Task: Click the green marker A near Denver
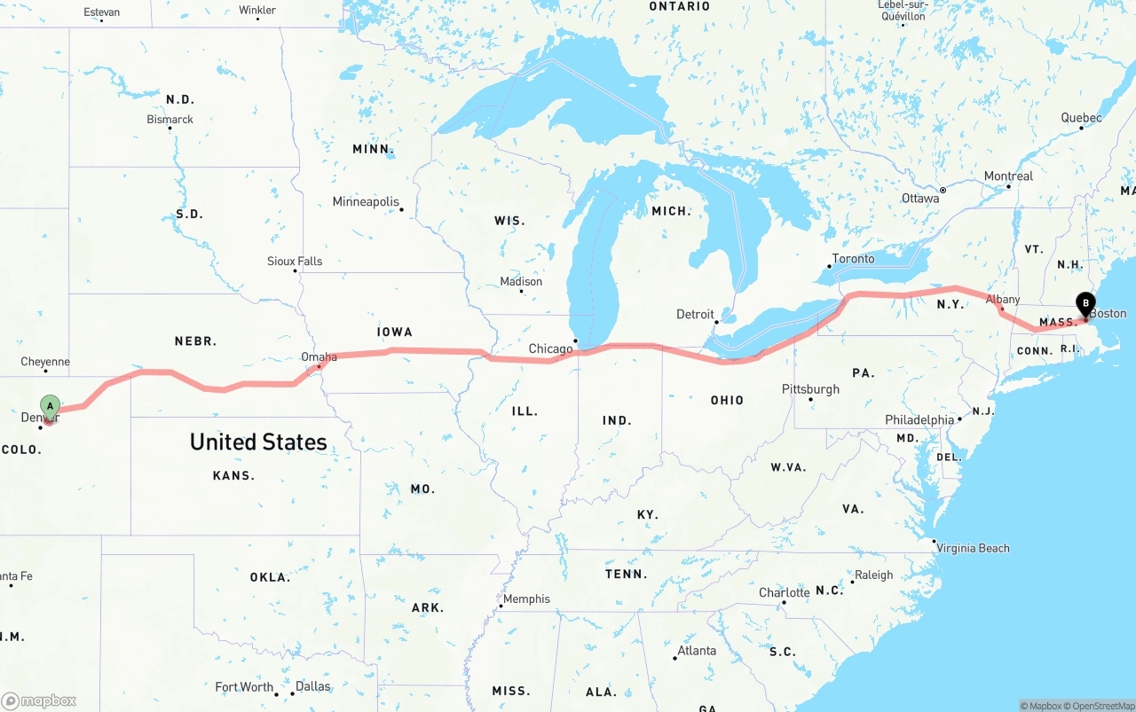point(51,406)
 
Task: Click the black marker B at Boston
point(1085,304)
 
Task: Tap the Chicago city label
point(550,348)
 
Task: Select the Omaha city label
point(319,357)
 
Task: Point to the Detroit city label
point(695,314)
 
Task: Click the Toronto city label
point(853,259)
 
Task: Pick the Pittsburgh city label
point(810,389)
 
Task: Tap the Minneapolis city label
point(366,202)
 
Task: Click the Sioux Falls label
point(295,262)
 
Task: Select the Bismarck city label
point(170,120)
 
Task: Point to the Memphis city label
point(526,599)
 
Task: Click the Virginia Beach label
point(973,548)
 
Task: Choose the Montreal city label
point(1008,176)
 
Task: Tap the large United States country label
point(258,442)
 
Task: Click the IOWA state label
point(395,332)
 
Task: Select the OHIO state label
point(727,400)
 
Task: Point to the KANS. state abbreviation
point(233,476)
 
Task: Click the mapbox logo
point(39,700)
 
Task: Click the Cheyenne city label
point(45,362)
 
